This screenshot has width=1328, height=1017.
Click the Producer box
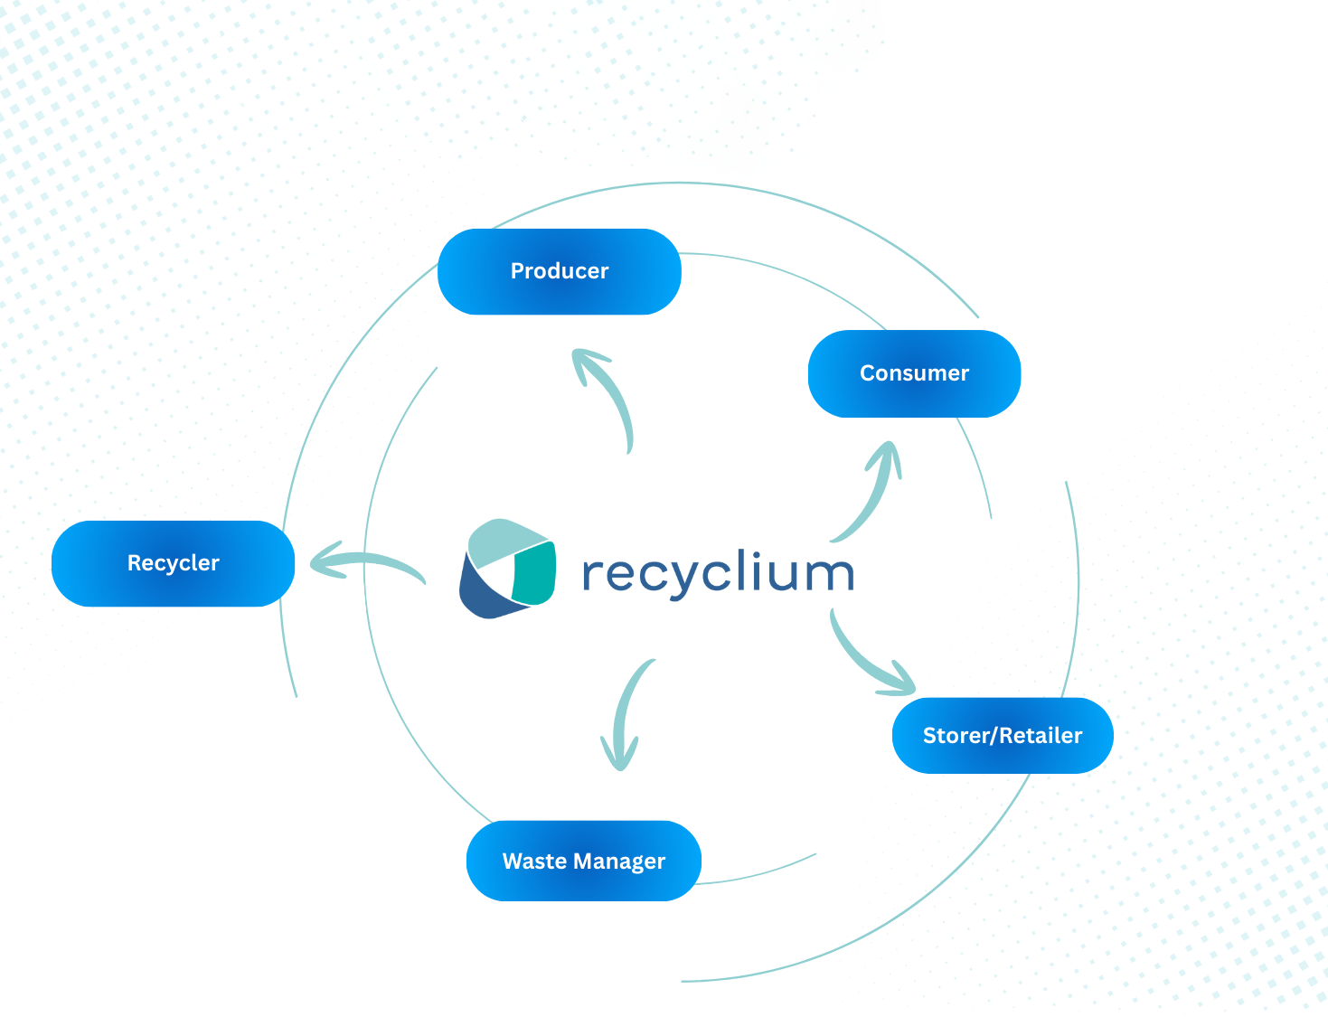pyautogui.click(x=559, y=271)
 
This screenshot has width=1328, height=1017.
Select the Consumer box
pyautogui.click(x=914, y=373)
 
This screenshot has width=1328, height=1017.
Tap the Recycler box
pyautogui.click(x=173, y=563)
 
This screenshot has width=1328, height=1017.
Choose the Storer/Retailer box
pyautogui.click(x=1002, y=736)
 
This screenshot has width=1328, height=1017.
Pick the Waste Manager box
pyautogui.click(x=583, y=861)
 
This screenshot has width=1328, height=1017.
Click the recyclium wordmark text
pyautogui.click(x=718, y=573)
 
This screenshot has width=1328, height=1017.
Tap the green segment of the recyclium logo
pyautogui.click(x=533, y=573)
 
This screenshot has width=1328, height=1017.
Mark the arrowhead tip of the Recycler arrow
pyautogui.click(x=313, y=563)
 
